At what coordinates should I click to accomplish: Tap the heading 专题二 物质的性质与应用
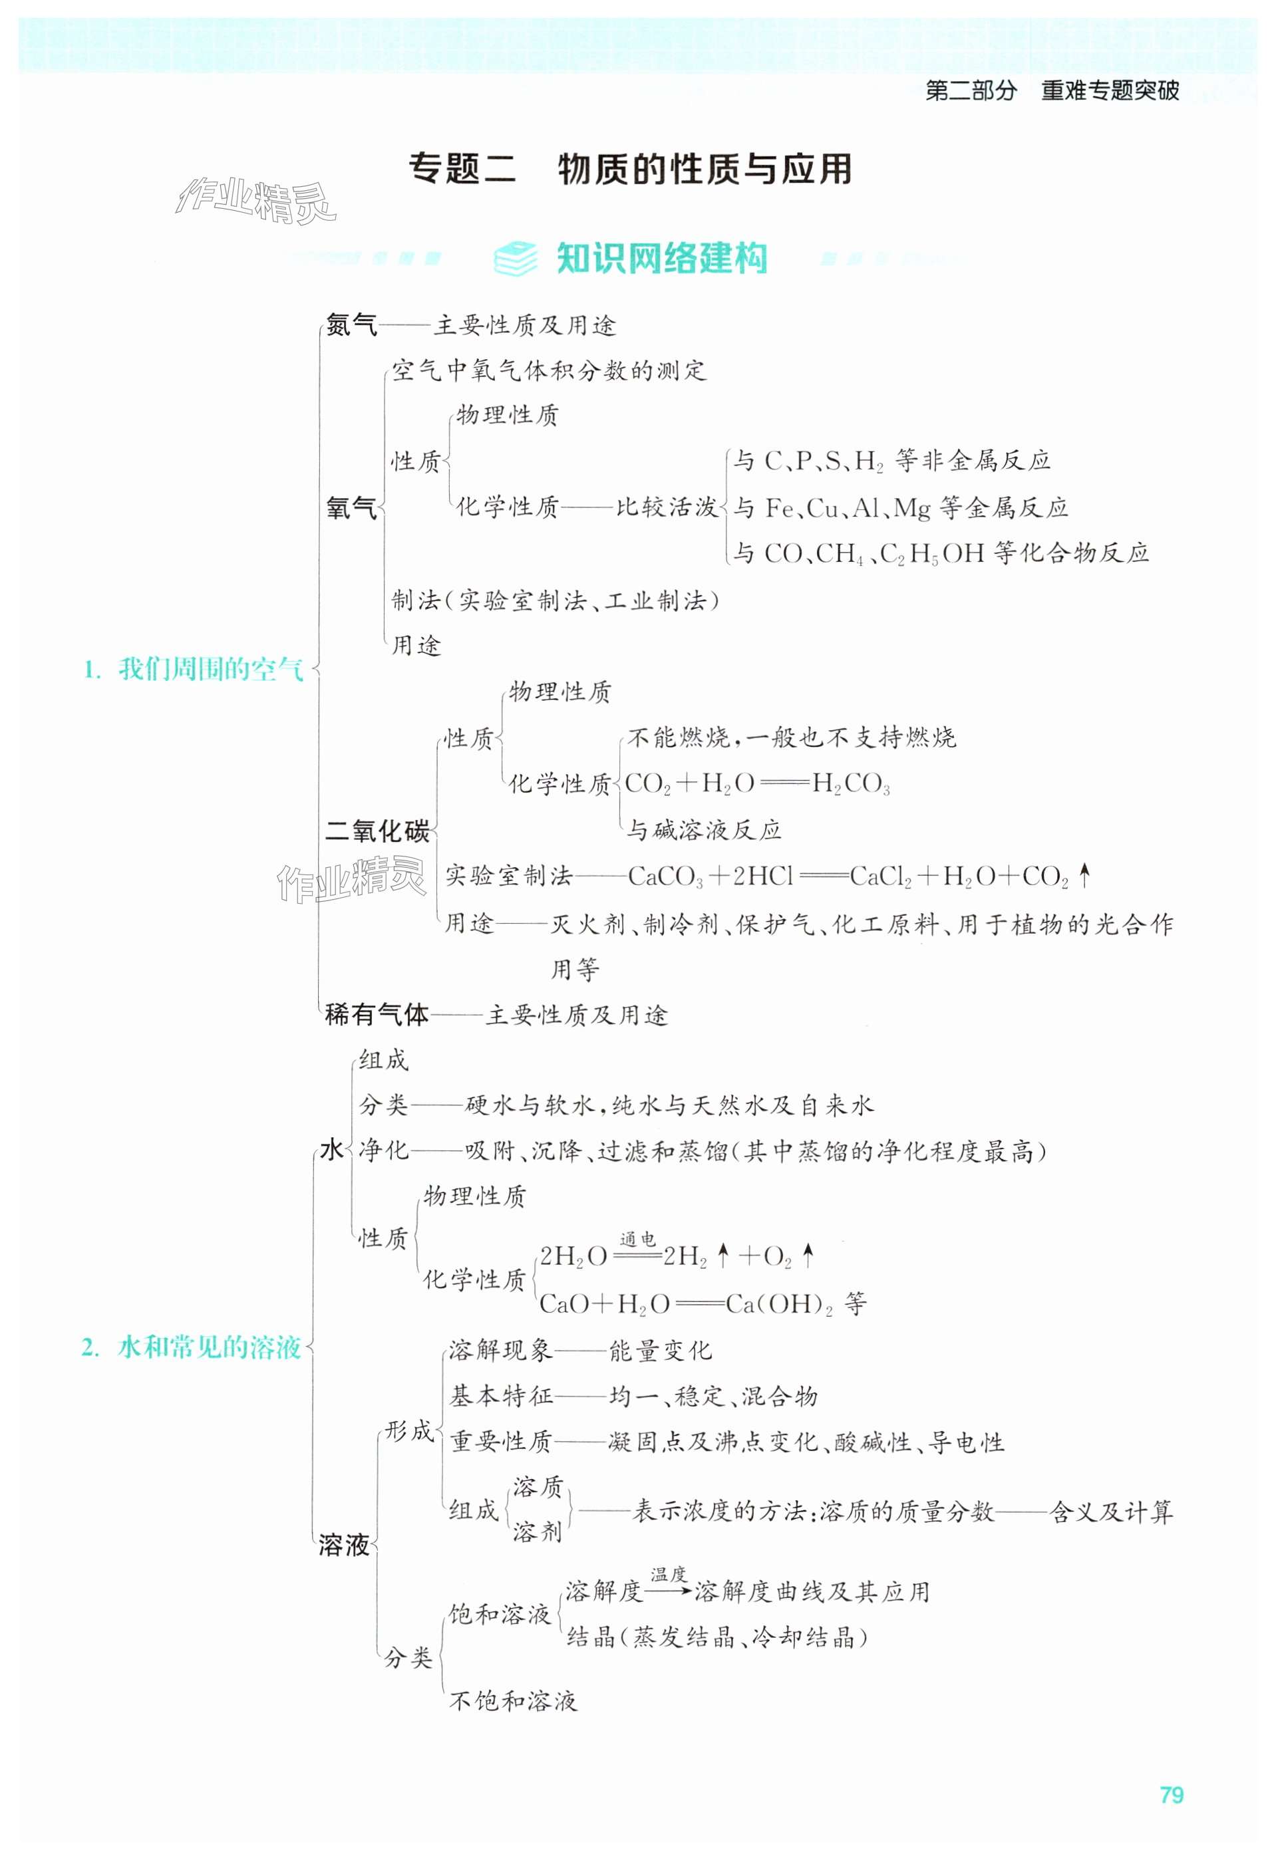click(630, 169)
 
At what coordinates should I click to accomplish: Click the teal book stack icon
click(516, 258)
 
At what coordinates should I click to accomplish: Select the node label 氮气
click(351, 325)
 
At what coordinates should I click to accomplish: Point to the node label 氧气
click(351, 507)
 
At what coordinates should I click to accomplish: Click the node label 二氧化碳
click(377, 831)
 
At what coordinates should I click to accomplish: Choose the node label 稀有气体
click(377, 1015)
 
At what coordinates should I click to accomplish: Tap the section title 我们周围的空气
click(211, 669)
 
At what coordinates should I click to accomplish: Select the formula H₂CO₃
click(850, 783)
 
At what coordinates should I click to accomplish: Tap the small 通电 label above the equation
click(637, 1240)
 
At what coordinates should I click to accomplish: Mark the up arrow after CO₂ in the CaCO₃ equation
click(1084, 876)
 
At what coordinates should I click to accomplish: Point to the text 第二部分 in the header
click(971, 90)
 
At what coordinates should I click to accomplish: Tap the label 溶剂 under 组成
click(537, 1532)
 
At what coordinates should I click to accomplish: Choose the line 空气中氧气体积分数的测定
click(549, 370)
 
